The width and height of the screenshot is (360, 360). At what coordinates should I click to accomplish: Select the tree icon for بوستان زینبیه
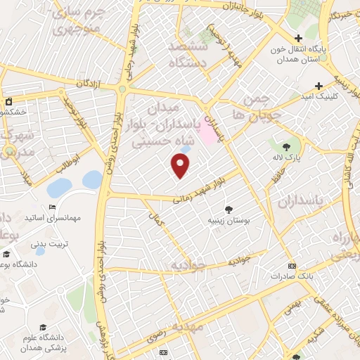pos(229,208)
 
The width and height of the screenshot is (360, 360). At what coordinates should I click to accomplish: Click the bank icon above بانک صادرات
pos(292,266)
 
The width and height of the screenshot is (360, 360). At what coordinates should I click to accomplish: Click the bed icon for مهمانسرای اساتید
pos(53,207)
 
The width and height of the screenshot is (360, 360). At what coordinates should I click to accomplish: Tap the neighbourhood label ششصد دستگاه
pos(188,52)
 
